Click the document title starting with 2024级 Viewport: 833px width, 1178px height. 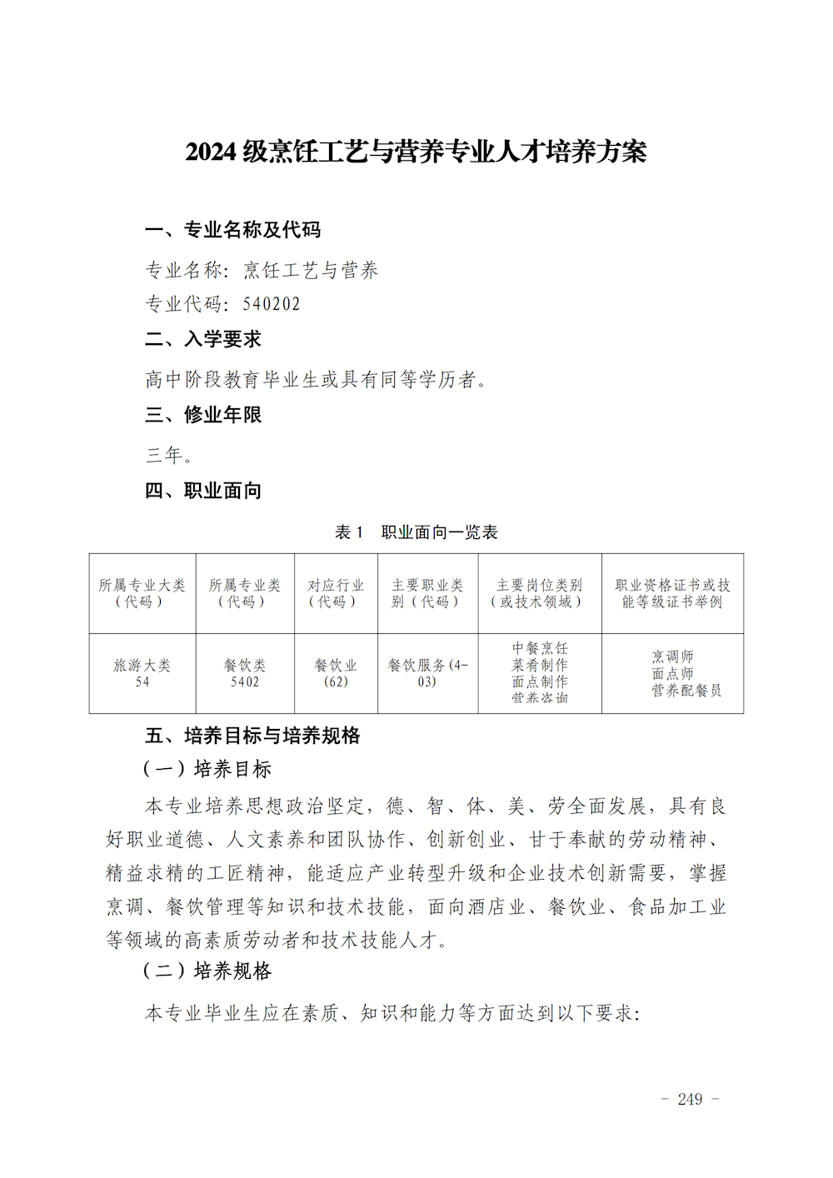point(416,152)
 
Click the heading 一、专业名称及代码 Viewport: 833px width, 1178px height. point(232,230)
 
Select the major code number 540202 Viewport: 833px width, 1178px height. point(272,304)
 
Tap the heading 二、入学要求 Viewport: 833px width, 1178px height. point(203,339)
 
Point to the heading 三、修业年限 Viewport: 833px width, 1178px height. point(203,415)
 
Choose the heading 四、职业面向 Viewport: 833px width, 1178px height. point(203,491)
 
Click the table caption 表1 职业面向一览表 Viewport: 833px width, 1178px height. point(416,532)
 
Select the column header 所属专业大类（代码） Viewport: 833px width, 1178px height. point(142,593)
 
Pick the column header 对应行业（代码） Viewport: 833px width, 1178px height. point(336,593)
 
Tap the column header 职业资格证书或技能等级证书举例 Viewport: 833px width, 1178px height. point(672,593)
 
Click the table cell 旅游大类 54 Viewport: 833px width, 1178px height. point(142,673)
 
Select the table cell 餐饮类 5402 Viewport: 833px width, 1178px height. point(245,673)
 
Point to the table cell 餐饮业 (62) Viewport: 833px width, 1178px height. point(336,673)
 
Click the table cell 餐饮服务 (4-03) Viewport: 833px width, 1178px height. point(427,673)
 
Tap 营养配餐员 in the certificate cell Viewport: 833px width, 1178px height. point(686,691)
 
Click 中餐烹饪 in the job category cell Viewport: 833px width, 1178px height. point(540,648)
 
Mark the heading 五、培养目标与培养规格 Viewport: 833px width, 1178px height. point(252,736)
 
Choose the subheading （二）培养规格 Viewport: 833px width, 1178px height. point(208,971)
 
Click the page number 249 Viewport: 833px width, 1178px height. point(690,1100)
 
